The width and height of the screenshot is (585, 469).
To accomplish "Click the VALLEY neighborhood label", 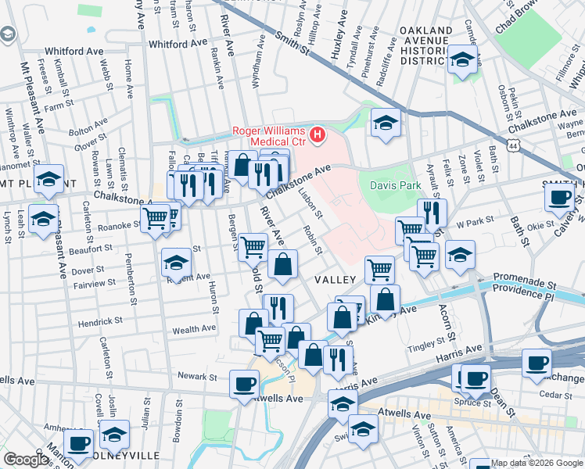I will click(x=336, y=279).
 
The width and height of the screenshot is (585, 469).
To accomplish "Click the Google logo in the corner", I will click(x=26, y=460).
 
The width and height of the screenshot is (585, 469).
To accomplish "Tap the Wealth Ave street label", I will click(x=194, y=331).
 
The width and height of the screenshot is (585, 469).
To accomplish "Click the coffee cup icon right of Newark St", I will click(x=244, y=384).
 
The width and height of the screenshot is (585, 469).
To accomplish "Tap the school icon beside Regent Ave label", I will click(x=177, y=263).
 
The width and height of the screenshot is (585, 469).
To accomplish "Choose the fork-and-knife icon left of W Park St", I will click(x=432, y=212).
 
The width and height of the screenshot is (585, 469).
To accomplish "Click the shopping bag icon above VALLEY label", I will click(x=282, y=264).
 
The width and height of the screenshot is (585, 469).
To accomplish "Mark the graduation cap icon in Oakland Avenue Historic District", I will click(x=462, y=59).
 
